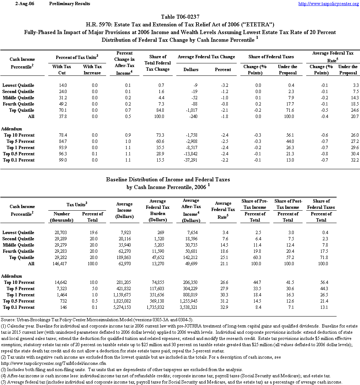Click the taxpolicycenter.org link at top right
tap(329, 4)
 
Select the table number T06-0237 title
tap(180, 17)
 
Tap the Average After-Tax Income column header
tap(191, 210)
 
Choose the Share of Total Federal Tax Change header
tap(158, 63)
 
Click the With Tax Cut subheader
tap(62, 70)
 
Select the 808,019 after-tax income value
tap(191, 295)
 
